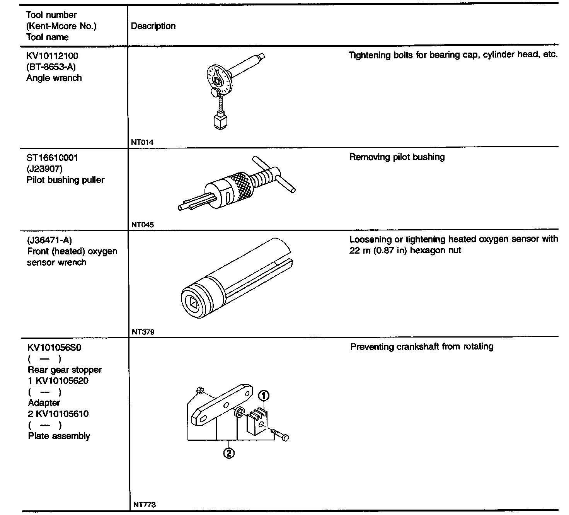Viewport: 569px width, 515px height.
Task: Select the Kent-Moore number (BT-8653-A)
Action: pyautogui.click(x=51, y=67)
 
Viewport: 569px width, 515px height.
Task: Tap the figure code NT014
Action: pyautogui.click(x=142, y=142)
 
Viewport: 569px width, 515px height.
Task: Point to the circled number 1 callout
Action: pyautogui.click(x=264, y=396)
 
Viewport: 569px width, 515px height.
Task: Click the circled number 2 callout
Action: pyautogui.click(x=229, y=453)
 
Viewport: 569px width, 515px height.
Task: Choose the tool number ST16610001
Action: pyautogui.click(x=52, y=158)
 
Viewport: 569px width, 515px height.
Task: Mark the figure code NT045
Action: pyautogui.click(x=142, y=225)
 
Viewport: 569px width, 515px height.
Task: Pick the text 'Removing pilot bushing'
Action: pyautogui.click(x=397, y=157)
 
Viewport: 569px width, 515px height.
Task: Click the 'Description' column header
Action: pyautogui.click(x=153, y=26)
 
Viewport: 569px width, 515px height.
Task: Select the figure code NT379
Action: pyautogui.click(x=143, y=332)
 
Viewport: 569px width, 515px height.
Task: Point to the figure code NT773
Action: pyautogui.click(x=144, y=505)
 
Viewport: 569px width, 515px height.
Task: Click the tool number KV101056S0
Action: pyautogui.click(x=54, y=348)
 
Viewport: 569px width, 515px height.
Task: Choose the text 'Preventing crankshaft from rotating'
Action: pyautogui.click(x=421, y=346)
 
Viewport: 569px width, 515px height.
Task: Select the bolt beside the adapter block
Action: pyautogui.click(x=279, y=435)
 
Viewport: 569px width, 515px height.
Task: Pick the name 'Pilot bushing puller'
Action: pyautogui.click(x=65, y=180)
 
